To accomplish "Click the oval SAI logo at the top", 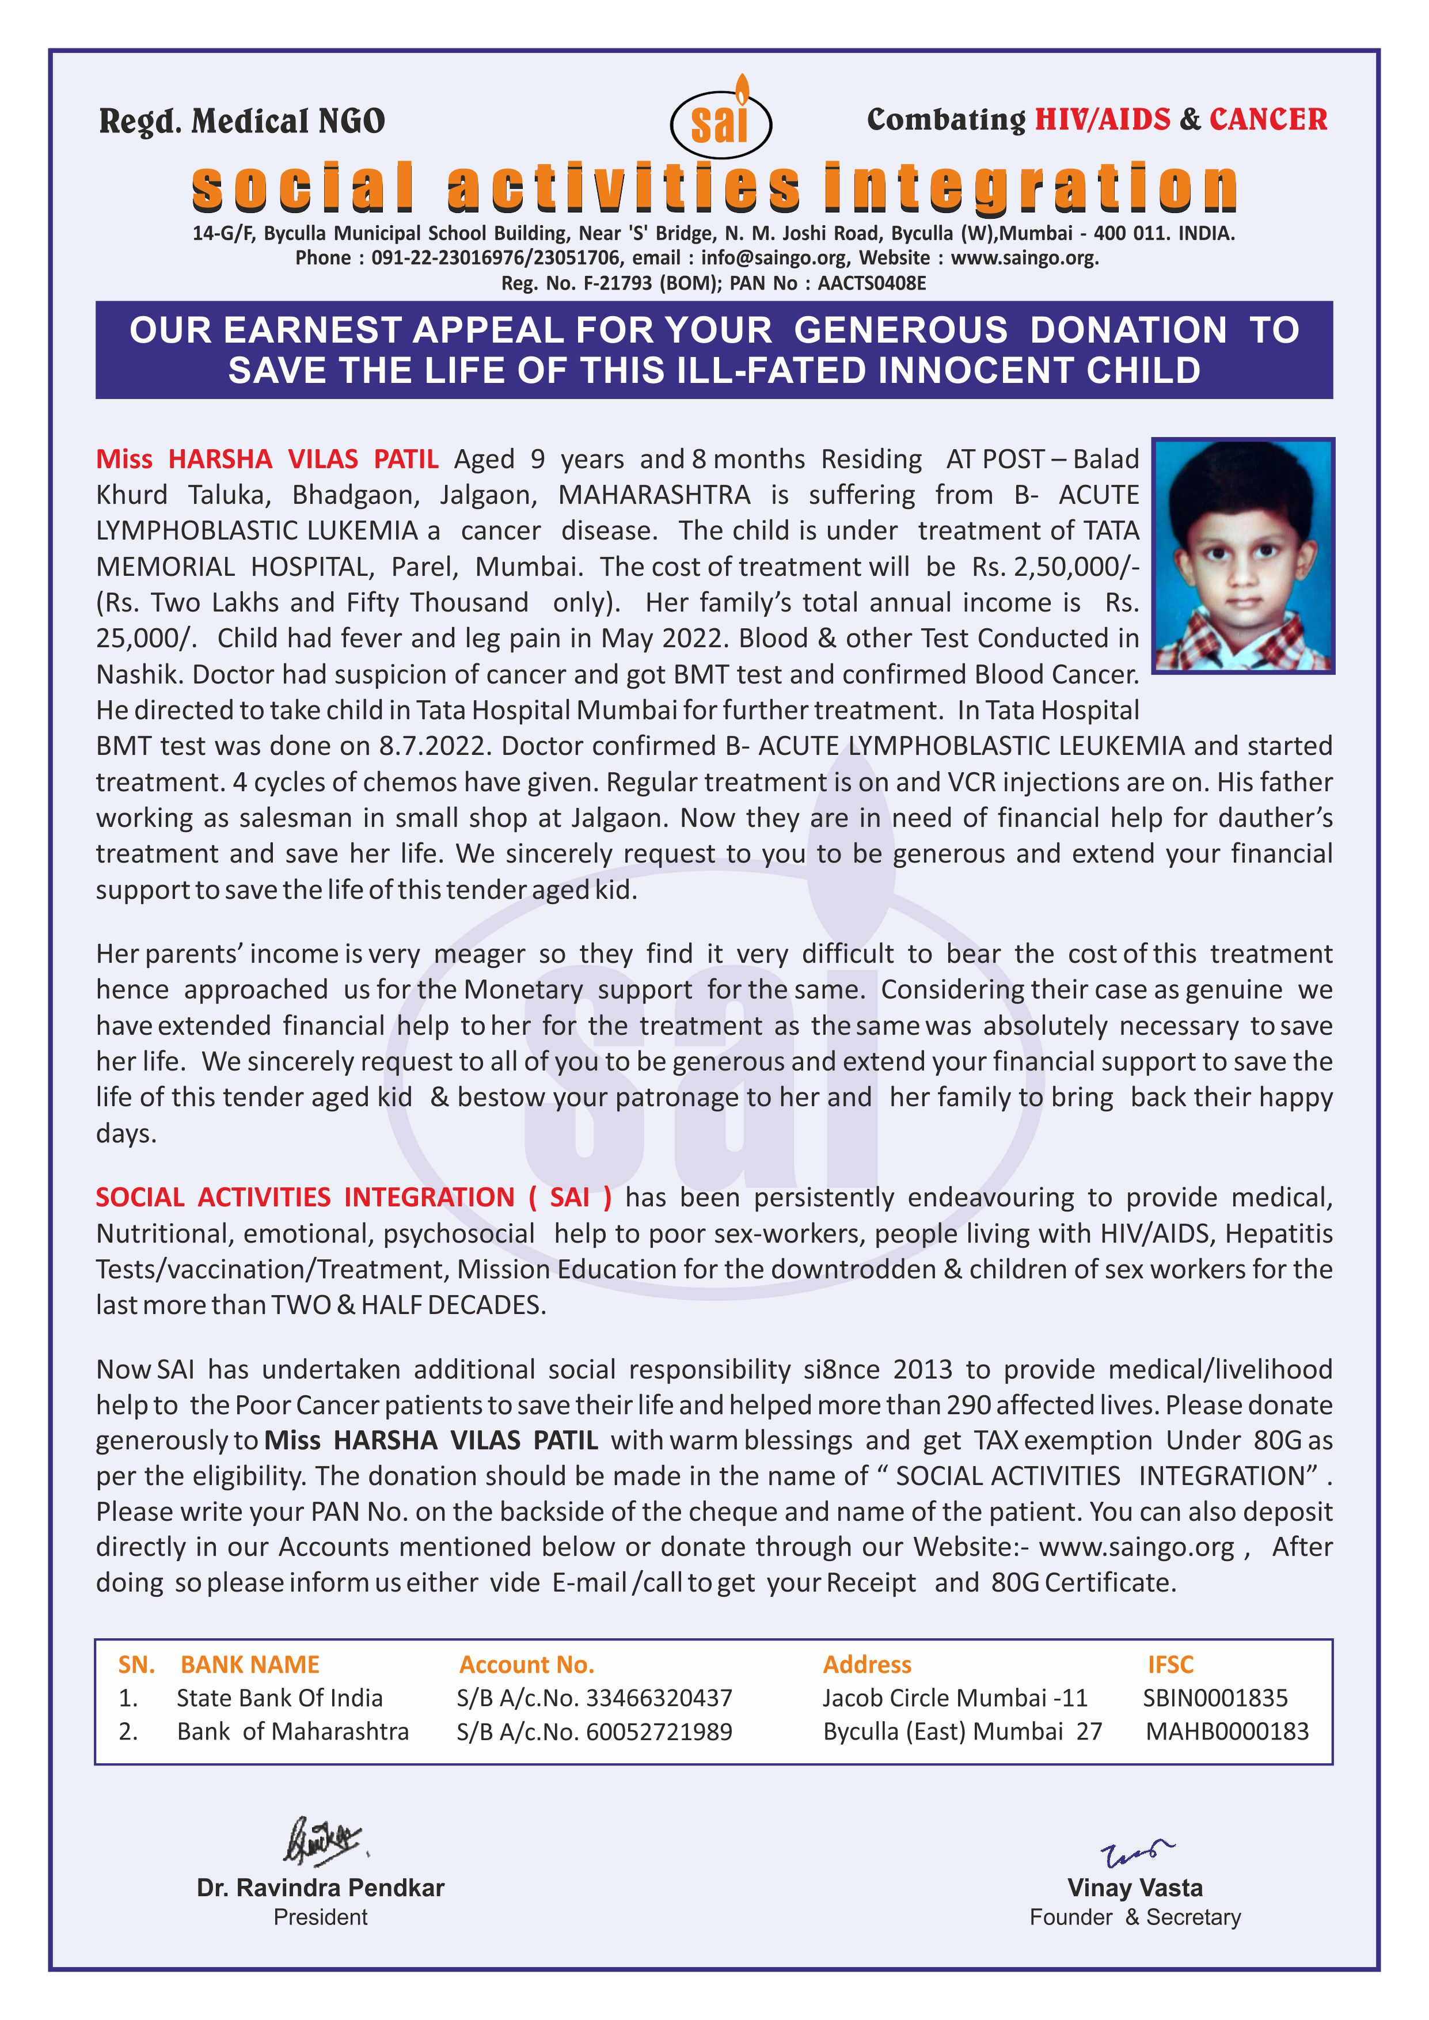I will pyautogui.click(x=721, y=124).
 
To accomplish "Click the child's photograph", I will pyautogui.click(x=1244, y=556).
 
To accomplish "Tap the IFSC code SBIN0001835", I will pyautogui.click(x=1215, y=1698).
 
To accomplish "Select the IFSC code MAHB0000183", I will pyautogui.click(x=1226, y=1732).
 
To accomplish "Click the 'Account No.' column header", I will pyautogui.click(x=526, y=1665).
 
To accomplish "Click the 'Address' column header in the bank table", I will pyautogui.click(x=866, y=1665).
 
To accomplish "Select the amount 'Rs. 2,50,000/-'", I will pyautogui.click(x=1055, y=567).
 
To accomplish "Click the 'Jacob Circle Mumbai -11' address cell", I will pyautogui.click(x=955, y=1698).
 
